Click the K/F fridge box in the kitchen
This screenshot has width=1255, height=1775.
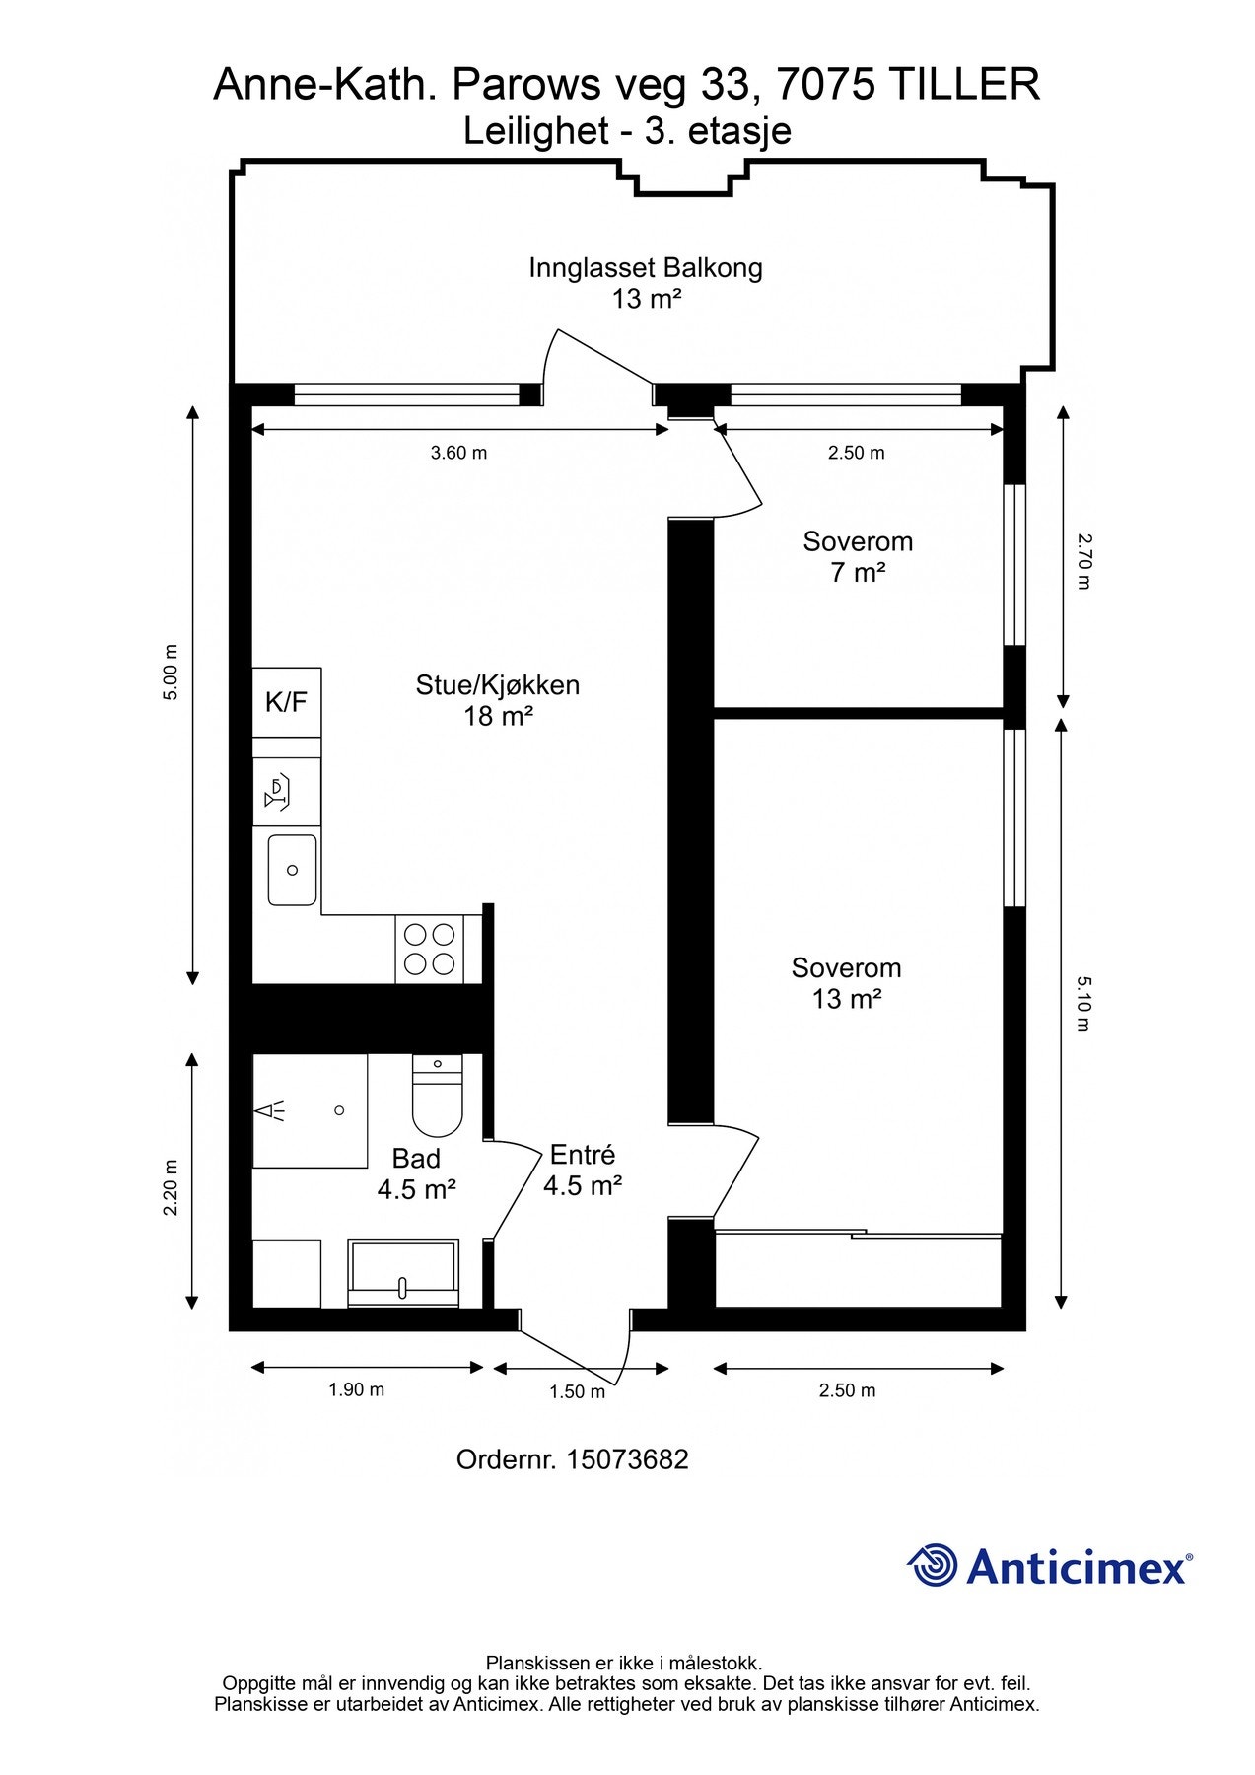(287, 702)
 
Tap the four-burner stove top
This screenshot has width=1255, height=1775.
(430, 950)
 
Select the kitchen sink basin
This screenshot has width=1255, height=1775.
(293, 870)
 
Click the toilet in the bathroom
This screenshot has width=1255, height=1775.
(437, 1096)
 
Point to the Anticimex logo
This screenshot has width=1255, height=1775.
(1050, 1565)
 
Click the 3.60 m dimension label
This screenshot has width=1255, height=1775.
(459, 453)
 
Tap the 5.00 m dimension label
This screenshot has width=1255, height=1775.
(172, 672)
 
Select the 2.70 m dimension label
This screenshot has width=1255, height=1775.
(1084, 560)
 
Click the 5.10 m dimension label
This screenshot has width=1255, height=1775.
(1084, 1003)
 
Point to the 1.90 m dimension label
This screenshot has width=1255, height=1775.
(356, 1389)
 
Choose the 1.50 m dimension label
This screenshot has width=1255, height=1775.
(577, 1391)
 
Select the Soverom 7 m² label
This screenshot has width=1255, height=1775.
(858, 556)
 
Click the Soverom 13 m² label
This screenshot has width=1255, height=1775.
(846, 983)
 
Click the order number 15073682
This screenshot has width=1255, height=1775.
(626, 1459)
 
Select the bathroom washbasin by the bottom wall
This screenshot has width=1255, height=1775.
(403, 1273)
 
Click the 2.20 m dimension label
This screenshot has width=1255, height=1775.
(172, 1186)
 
